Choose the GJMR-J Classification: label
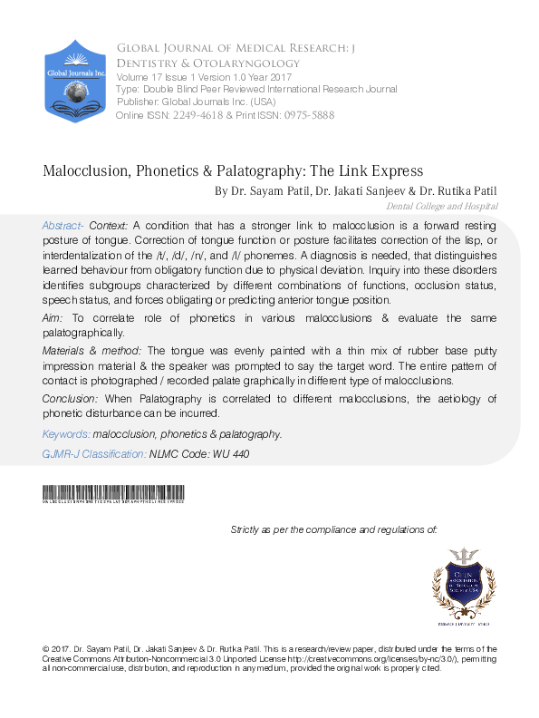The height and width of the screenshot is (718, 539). click(x=94, y=453)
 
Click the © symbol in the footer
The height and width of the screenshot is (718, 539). click(x=46, y=649)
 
